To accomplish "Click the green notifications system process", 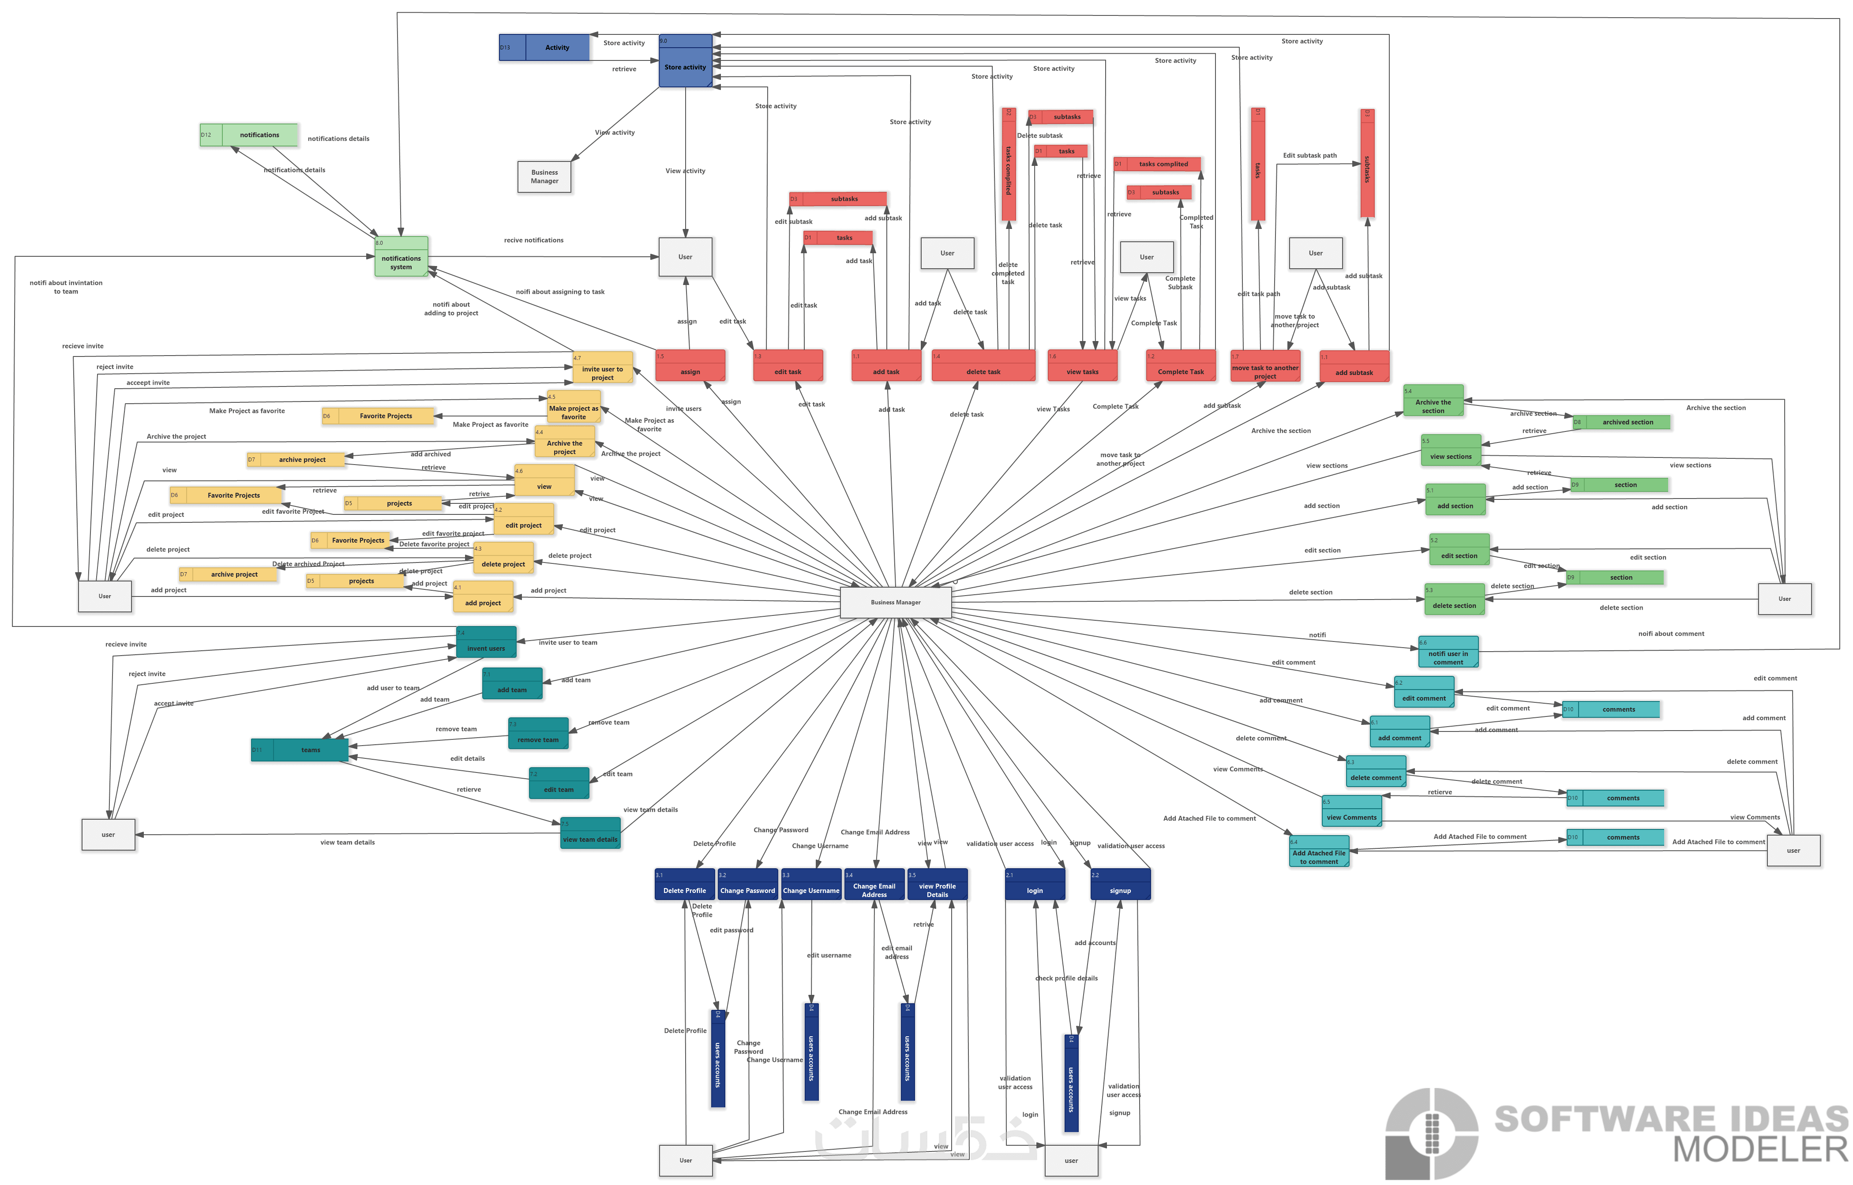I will click(401, 257).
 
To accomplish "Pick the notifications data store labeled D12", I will click(248, 135).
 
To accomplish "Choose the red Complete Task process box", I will click(1181, 366).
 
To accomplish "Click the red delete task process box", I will click(983, 366).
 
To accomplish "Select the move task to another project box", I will click(1265, 367).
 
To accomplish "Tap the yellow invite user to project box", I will click(603, 368).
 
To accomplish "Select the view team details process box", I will click(590, 833).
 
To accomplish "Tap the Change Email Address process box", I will click(874, 885).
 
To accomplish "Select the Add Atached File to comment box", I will click(1319, 852).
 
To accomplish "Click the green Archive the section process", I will click(1433, 401).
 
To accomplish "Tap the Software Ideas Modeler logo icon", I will click(1431, 1133).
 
